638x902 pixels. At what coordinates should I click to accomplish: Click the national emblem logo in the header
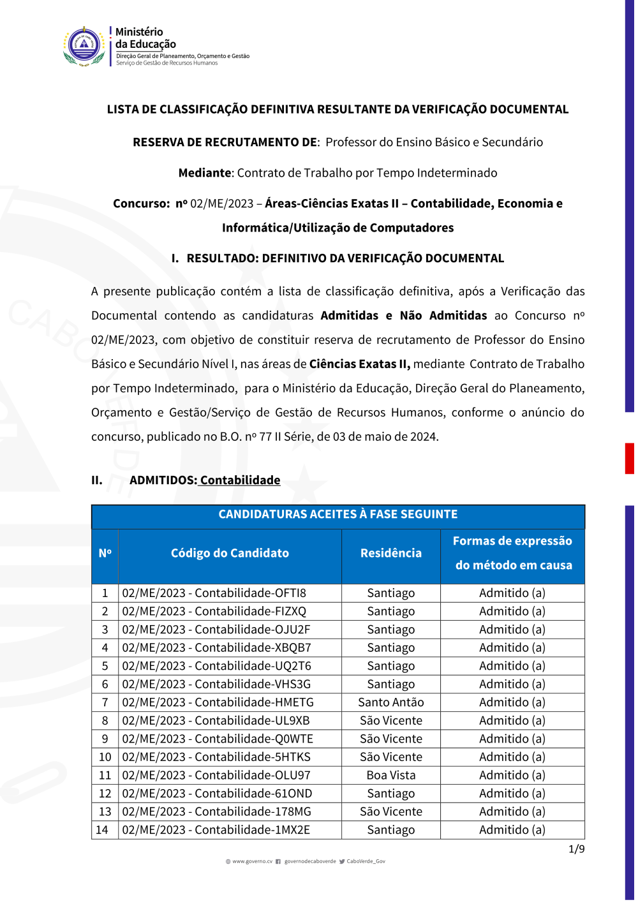click(85, 46)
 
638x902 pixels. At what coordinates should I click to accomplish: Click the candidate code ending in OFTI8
click(214, 593)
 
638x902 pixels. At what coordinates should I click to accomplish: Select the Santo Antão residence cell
click(391, 702)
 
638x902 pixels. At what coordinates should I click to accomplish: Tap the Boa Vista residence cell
click(391, 776)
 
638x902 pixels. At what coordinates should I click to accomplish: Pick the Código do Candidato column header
click(230, 553)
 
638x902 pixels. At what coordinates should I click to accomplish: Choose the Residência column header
click(391, 553)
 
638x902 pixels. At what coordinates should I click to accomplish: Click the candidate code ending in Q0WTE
click(218, 739)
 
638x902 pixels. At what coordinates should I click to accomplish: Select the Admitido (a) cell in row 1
click(512, 593)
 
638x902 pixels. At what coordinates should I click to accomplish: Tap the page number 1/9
click(577, 849)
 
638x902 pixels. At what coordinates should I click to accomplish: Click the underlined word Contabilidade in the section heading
click(241, 480)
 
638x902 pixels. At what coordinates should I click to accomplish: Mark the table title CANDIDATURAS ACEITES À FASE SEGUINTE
click(338, 514)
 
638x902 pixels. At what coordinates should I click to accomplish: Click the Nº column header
click(105, 553)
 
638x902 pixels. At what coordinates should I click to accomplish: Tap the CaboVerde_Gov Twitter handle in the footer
click(366, 861)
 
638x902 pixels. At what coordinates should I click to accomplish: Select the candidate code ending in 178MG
click(217, 812)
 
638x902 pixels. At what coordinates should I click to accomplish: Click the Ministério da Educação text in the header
click(145, 38)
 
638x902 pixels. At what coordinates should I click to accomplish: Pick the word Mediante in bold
click(205, 173)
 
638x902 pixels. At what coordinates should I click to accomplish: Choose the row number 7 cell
click(105, 702)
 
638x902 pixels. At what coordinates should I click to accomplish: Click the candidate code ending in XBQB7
click(217, 648)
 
